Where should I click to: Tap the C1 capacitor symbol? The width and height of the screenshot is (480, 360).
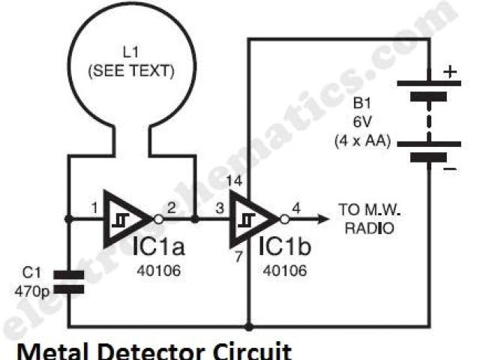coord(69,280)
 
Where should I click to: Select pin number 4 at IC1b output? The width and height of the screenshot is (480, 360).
coord(298,208)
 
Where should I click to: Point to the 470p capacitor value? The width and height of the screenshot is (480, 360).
coord(31,286)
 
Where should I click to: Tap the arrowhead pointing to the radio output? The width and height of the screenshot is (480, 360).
coord(322,220)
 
